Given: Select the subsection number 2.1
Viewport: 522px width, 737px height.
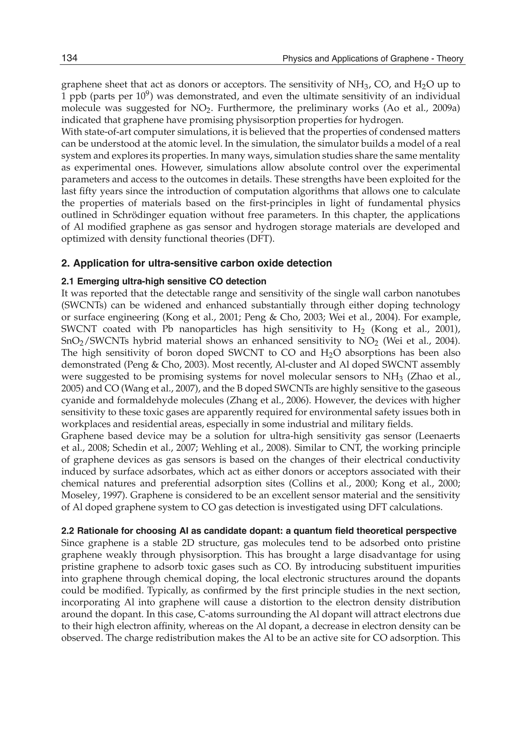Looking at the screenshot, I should click(68, 281).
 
